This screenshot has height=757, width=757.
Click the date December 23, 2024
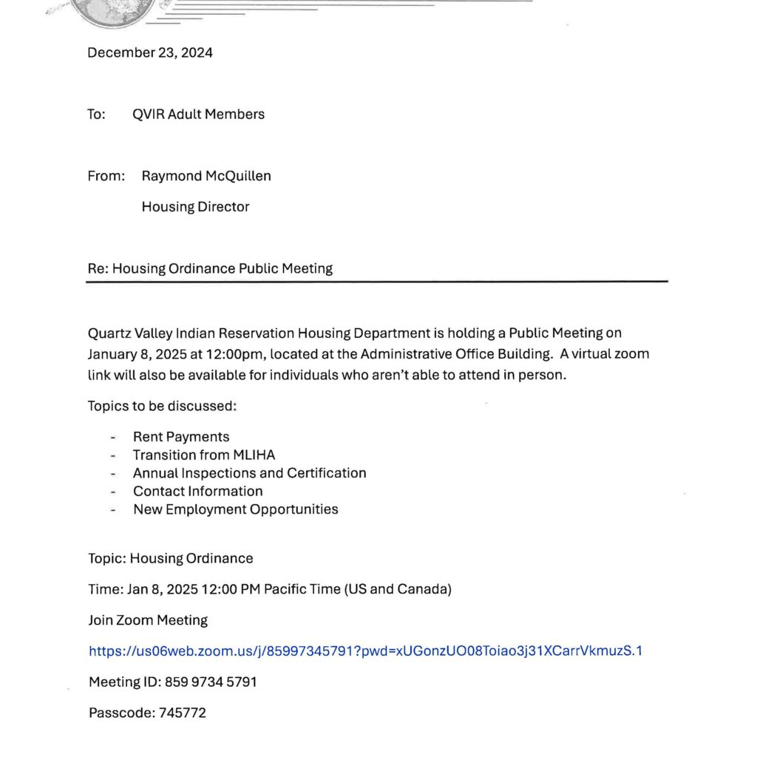coord(150,52)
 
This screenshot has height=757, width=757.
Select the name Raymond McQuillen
coord(206,176)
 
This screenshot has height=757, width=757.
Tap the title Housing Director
coord(195,207)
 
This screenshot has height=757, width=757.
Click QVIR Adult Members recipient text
coord(198,114)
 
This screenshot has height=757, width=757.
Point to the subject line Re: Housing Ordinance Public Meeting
coord(210,268)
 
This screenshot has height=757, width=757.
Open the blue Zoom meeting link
coord(365,651)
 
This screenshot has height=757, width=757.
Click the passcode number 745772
coord(183,713)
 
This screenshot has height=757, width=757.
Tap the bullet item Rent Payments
coord(181,437)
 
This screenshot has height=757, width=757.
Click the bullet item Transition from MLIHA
coord(204,455)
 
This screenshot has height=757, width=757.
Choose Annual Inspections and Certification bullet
coord(249,473)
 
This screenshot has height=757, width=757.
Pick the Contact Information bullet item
coord(197,491)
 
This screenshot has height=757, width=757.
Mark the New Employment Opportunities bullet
coord(235,509)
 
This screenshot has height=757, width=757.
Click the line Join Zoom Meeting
coord(148,620)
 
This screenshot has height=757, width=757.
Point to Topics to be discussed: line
coord(162,406)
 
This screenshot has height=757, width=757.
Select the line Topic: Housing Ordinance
coord(171,558)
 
